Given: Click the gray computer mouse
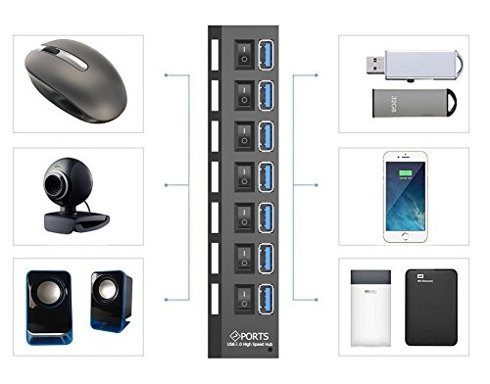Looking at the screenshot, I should [x=68, y=77].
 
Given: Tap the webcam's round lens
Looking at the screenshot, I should [x=61, y=183].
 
